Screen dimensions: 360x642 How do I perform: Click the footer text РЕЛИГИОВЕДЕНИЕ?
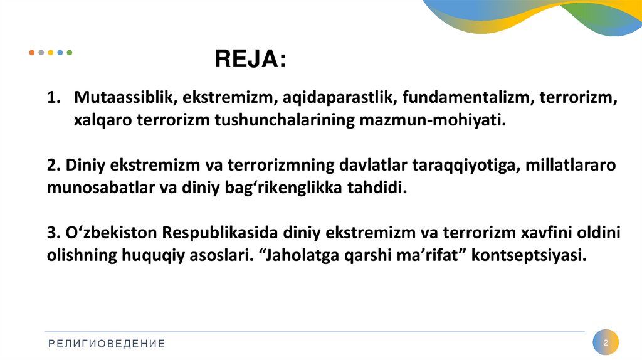pyautogui.click(x=107, y=343)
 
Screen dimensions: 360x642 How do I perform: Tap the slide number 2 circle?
pyautogui.click(x=606, y=343)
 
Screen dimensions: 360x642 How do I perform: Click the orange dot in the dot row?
pyautogui.click(x=32, y=53)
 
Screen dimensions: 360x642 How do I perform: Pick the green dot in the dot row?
pyautogui.click(x=70, y=53)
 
